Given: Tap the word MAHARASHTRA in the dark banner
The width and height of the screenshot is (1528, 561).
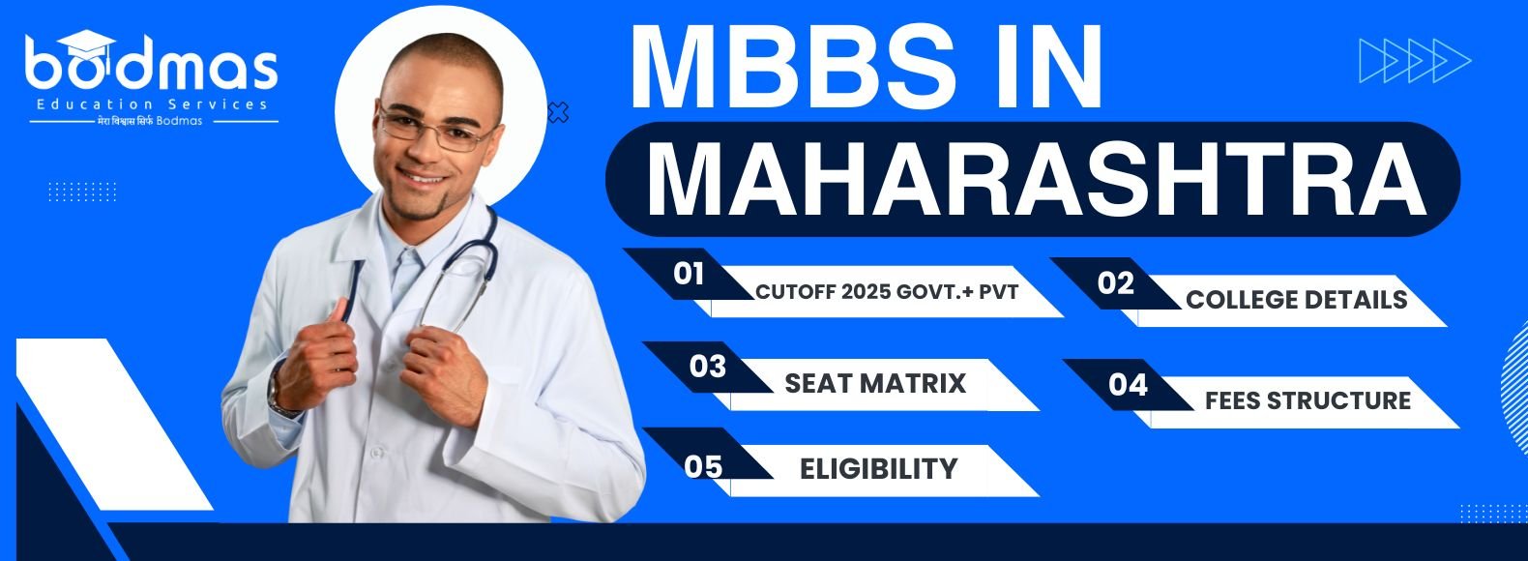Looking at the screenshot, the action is click(1036, 179).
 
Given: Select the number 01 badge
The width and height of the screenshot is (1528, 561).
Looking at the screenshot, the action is click(689, 274).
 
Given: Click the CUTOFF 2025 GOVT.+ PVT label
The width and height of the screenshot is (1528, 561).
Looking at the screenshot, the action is click(887, 292).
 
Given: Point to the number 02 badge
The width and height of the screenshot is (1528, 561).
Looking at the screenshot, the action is click(1115, 283).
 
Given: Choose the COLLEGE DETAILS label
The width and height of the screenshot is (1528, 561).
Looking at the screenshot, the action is click(1296, 300).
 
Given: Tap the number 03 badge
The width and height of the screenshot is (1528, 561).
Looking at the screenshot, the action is click(707, 368).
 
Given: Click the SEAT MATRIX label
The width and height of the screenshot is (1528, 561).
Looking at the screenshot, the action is click(875, 384).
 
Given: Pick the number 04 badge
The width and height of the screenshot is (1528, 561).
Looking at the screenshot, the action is click(1128, 385).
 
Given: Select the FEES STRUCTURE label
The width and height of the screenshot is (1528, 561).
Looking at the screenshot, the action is click(1308, 400).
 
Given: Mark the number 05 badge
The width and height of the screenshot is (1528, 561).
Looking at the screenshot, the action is click(703, 467).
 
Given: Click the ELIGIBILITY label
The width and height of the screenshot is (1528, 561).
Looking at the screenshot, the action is click(878, 469).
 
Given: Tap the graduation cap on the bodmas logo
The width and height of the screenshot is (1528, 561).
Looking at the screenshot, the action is click(86, 44).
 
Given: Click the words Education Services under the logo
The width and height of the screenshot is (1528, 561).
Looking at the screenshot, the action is click(152, 104).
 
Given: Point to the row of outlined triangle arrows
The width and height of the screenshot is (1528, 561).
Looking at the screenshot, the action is click(1415, 61).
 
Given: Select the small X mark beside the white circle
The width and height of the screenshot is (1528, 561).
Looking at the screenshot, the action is click(559, 112).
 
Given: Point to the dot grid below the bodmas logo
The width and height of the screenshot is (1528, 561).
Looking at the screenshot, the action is click(82, 192).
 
